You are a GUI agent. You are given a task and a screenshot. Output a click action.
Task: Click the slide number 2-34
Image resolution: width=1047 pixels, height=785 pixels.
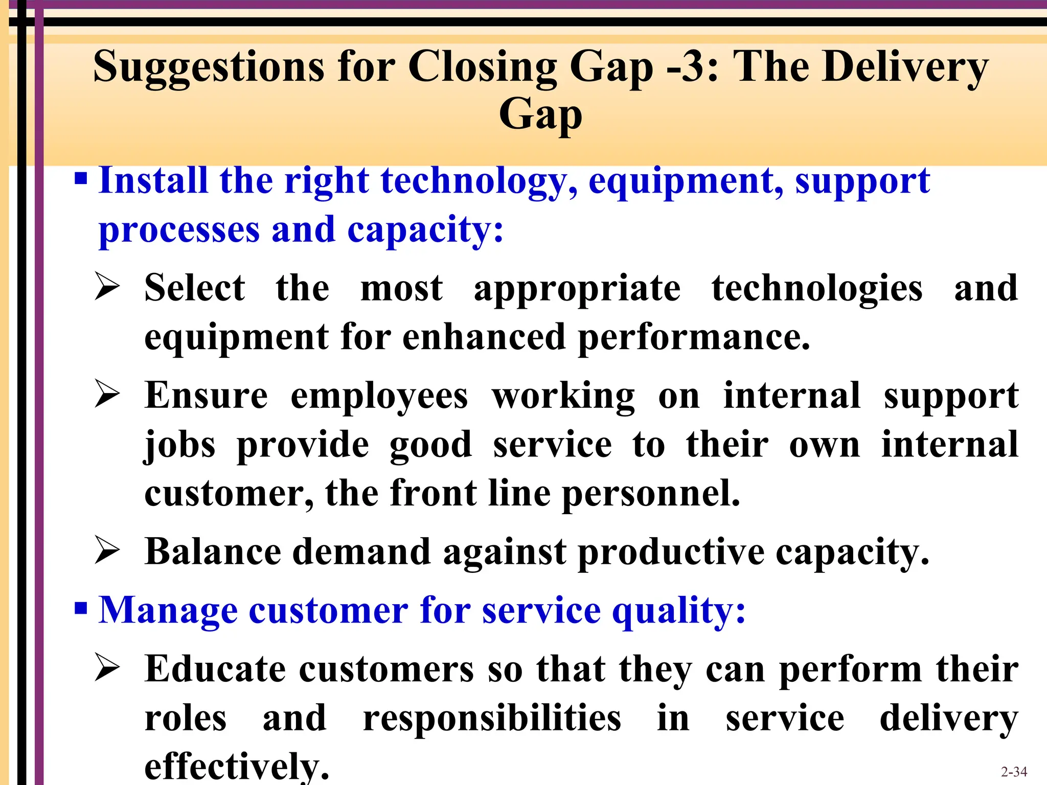[x=1014, y=772]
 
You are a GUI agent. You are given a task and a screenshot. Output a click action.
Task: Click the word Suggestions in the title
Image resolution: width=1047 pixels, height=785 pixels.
[x=209, y=67]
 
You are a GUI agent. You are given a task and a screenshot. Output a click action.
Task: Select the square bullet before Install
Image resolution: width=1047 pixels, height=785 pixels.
[x=81, y=179]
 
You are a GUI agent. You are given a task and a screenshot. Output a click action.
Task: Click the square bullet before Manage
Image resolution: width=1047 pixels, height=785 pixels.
[x=81, y=609]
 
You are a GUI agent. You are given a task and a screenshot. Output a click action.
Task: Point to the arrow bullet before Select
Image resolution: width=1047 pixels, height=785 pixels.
[x=107, y=287]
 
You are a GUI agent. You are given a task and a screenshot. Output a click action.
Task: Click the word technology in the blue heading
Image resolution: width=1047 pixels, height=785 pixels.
[x=480, y=181]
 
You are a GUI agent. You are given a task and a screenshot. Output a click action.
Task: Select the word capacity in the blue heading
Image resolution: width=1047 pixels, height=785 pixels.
[x=425, y=230]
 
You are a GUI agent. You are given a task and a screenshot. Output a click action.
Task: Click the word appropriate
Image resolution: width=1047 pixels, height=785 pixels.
[x=577, y=289]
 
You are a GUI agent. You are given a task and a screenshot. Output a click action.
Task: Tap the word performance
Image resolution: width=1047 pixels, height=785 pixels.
[x=694, y=338]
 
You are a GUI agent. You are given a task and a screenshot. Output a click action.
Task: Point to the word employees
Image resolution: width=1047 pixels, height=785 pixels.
[x=379, y=397]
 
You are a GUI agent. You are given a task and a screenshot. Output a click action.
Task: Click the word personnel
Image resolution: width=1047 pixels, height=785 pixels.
[x=651, y=494]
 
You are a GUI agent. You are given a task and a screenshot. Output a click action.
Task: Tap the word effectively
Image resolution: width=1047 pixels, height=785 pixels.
[x=237, y=766]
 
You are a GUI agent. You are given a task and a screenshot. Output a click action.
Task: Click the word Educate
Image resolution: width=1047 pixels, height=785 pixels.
[x=215, y=669]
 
